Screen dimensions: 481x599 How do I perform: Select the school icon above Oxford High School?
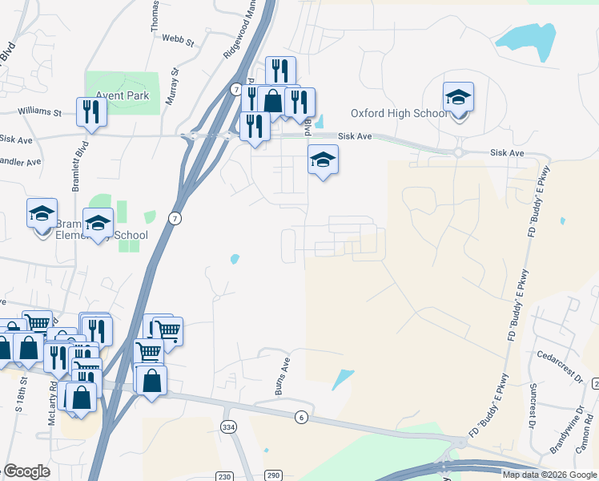click(x=458, y=98)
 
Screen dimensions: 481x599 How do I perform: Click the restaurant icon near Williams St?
click(x=91, y=112)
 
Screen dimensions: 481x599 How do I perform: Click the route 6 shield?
click(x=301, y=417)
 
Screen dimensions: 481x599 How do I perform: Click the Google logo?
click(x=27, y=471)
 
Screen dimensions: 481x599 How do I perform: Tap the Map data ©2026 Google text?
click(x=549, y=475)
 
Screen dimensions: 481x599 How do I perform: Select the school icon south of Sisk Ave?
click(x=323, y=160)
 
